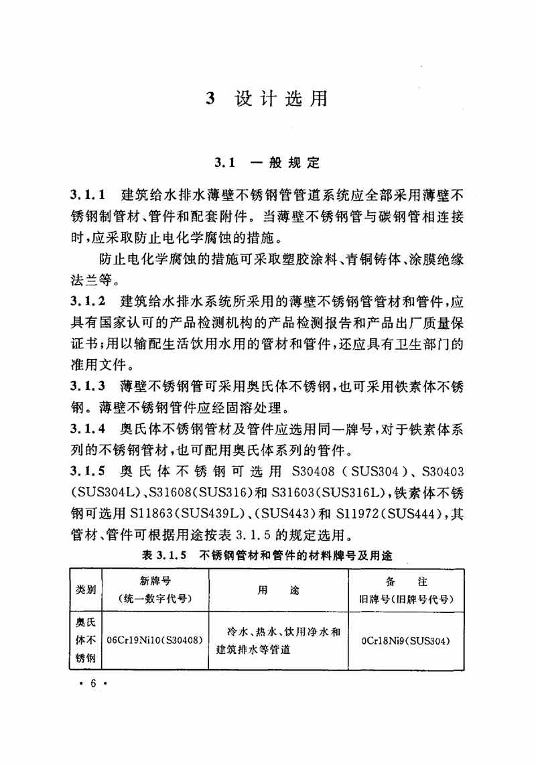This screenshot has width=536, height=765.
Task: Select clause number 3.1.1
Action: click(88, 196)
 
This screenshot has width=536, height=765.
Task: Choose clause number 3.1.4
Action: click(88, 428)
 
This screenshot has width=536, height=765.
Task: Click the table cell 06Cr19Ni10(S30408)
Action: click(155, 640)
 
